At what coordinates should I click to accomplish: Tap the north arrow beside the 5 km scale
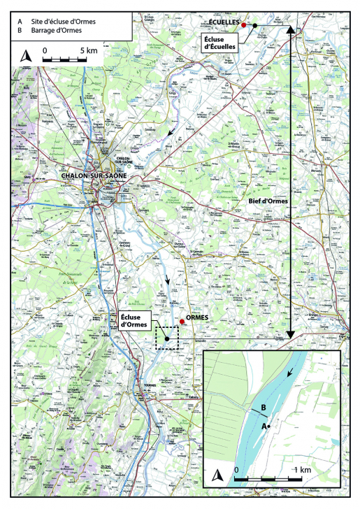26,56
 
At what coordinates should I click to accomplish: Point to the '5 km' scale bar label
88,51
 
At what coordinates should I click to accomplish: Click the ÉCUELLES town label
225,23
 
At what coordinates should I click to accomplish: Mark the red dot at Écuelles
244,24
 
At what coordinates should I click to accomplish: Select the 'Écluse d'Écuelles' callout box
220,41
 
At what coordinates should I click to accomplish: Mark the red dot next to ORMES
182,322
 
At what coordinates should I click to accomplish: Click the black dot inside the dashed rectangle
167,338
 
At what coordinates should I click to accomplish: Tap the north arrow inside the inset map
217,476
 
